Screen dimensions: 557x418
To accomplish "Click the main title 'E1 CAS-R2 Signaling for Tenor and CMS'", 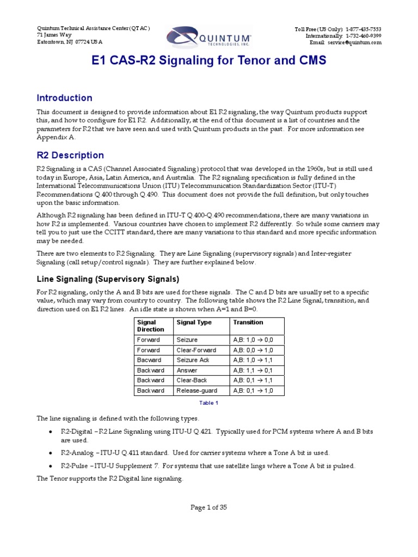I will point(208,61).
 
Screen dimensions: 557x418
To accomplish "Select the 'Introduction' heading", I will point(64,98).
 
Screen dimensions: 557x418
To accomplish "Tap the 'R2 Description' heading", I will point(70,155).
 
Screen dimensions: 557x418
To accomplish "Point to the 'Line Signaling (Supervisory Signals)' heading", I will point(107,279).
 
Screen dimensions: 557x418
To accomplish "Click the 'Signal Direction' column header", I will point(151,326).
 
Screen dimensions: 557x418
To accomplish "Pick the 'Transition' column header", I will point(248,323).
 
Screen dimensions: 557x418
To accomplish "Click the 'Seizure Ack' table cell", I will point(193,360).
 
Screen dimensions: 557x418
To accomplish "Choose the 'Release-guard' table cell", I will point(196,391).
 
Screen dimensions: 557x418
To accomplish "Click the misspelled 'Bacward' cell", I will point(150,360).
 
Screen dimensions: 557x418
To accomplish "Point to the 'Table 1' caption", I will point(209,403).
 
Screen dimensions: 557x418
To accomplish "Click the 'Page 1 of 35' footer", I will point(208,507).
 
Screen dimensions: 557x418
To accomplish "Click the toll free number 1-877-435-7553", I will point(363,29).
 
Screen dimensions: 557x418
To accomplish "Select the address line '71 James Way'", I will point(53,35).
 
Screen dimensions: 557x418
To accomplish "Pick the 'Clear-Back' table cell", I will point(192,380).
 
